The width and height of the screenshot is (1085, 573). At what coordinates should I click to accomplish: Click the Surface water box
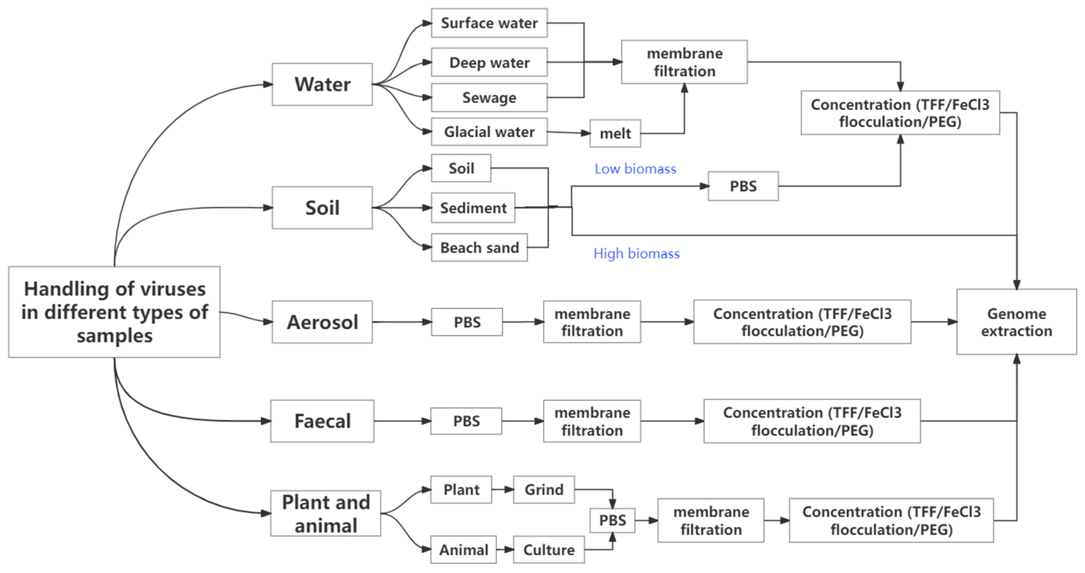[489, 23]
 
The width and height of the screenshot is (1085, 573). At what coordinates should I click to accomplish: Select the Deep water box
[489, 62]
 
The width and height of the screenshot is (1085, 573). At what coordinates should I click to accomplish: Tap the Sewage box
[489, 98]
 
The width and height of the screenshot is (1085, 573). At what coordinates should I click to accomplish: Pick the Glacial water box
[489, 132]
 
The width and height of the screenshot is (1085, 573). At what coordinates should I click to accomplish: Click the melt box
[615, 133]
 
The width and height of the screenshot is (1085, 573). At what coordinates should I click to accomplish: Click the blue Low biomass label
[635, 169]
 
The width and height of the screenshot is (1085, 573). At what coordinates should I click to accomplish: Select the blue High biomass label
[636, 253]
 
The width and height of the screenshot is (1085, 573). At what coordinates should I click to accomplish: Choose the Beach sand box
[479, 248]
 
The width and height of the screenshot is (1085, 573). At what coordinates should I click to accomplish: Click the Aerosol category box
[322, 322]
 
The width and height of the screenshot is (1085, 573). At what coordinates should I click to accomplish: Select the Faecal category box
[322, 421]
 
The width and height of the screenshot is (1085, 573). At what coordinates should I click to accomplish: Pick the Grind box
[544, 490]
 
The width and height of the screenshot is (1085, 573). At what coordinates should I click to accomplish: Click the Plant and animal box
[326, 514]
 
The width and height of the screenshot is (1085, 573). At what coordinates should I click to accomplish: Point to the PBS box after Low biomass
[743, 186]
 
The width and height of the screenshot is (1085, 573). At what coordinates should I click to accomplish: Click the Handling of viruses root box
[114, 312]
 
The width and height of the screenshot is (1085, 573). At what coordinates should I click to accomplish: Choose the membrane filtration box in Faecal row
[592, 421]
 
